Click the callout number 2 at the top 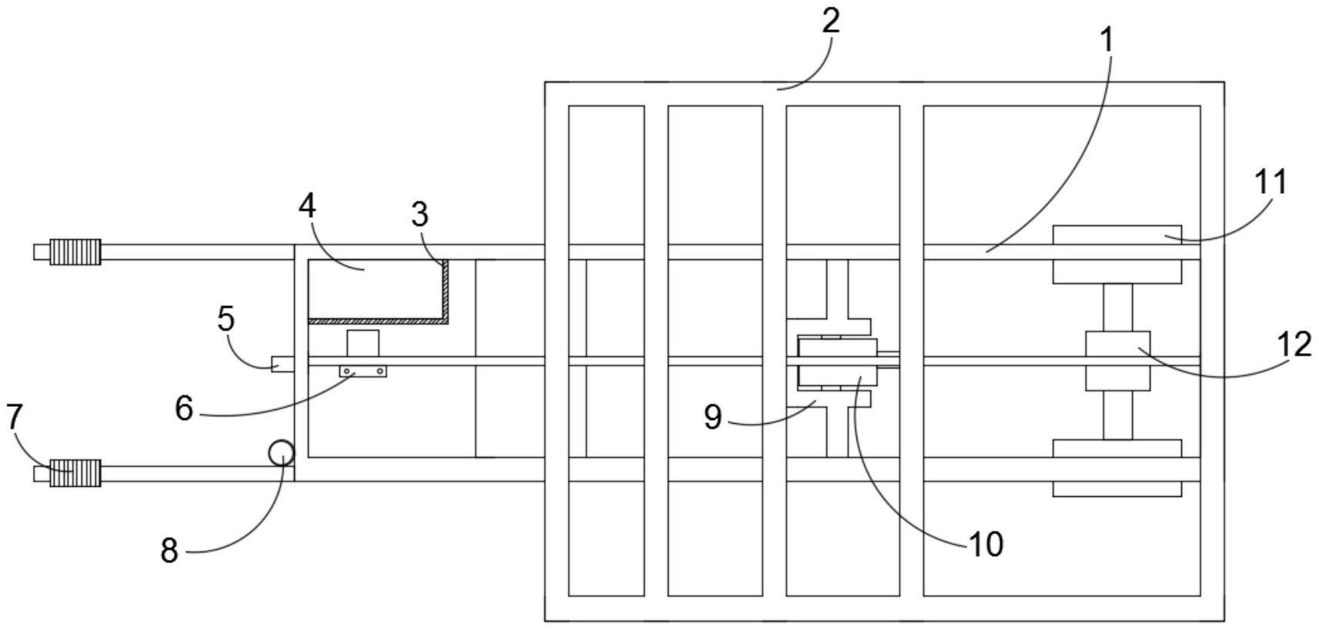(830, 21)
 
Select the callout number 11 (1271, 183)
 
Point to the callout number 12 (1298, 345)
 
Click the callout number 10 (986, 545)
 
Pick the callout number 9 (713, 417)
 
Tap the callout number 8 (169, 550)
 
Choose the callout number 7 (15, 418)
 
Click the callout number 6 (184, 408)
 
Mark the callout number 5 (225, 318)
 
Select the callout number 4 (307, 205)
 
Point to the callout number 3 (419, 215)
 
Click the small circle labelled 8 (281, 453)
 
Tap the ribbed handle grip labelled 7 (75, 473)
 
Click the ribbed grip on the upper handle (75, 252)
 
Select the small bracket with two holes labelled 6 (363, 372)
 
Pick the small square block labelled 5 (282, 364)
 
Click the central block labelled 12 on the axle (1117, 361)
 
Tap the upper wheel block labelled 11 (1117, 255)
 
